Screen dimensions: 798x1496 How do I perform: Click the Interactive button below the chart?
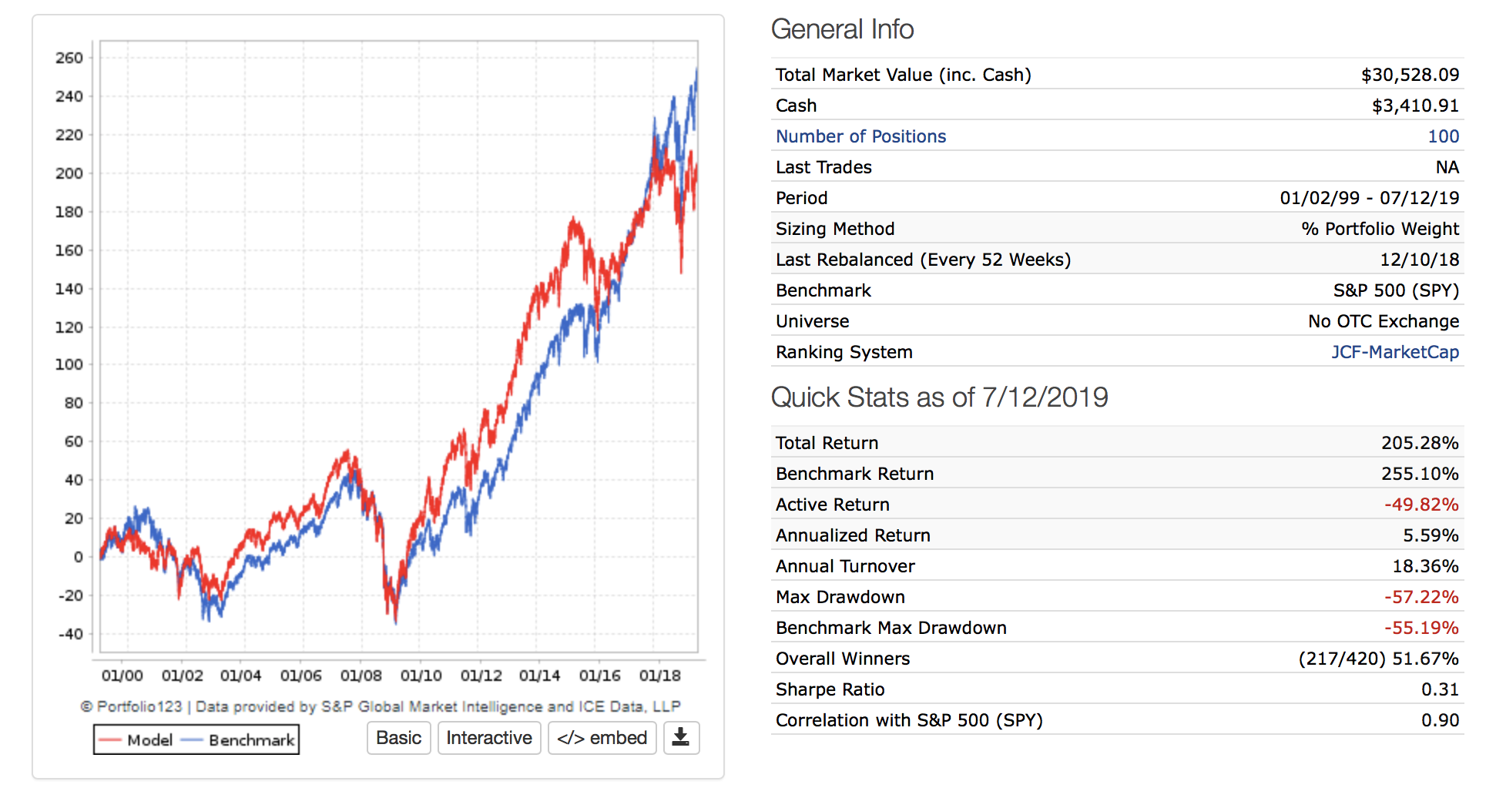489,738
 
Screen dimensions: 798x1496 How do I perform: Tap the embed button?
602,738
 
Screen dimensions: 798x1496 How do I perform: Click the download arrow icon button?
681,738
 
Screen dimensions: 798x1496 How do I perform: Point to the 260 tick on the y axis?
69,59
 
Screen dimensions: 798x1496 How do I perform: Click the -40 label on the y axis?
71,634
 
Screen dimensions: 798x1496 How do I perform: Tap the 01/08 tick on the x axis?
361,676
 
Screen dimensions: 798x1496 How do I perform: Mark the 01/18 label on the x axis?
659,676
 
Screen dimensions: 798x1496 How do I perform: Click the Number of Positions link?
860,136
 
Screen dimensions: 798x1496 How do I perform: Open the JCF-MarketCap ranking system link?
1395,352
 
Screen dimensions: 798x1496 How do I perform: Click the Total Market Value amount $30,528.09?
1410,75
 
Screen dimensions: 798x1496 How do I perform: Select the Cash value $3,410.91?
1415,106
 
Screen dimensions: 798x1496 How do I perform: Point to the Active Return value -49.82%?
1421,505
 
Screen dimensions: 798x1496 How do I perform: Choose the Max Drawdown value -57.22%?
1421,597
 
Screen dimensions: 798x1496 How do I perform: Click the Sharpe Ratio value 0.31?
1440,689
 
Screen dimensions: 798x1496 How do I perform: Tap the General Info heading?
842,29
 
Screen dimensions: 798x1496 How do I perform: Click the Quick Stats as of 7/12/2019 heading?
939,397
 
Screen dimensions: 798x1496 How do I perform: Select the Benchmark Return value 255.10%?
1420,474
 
